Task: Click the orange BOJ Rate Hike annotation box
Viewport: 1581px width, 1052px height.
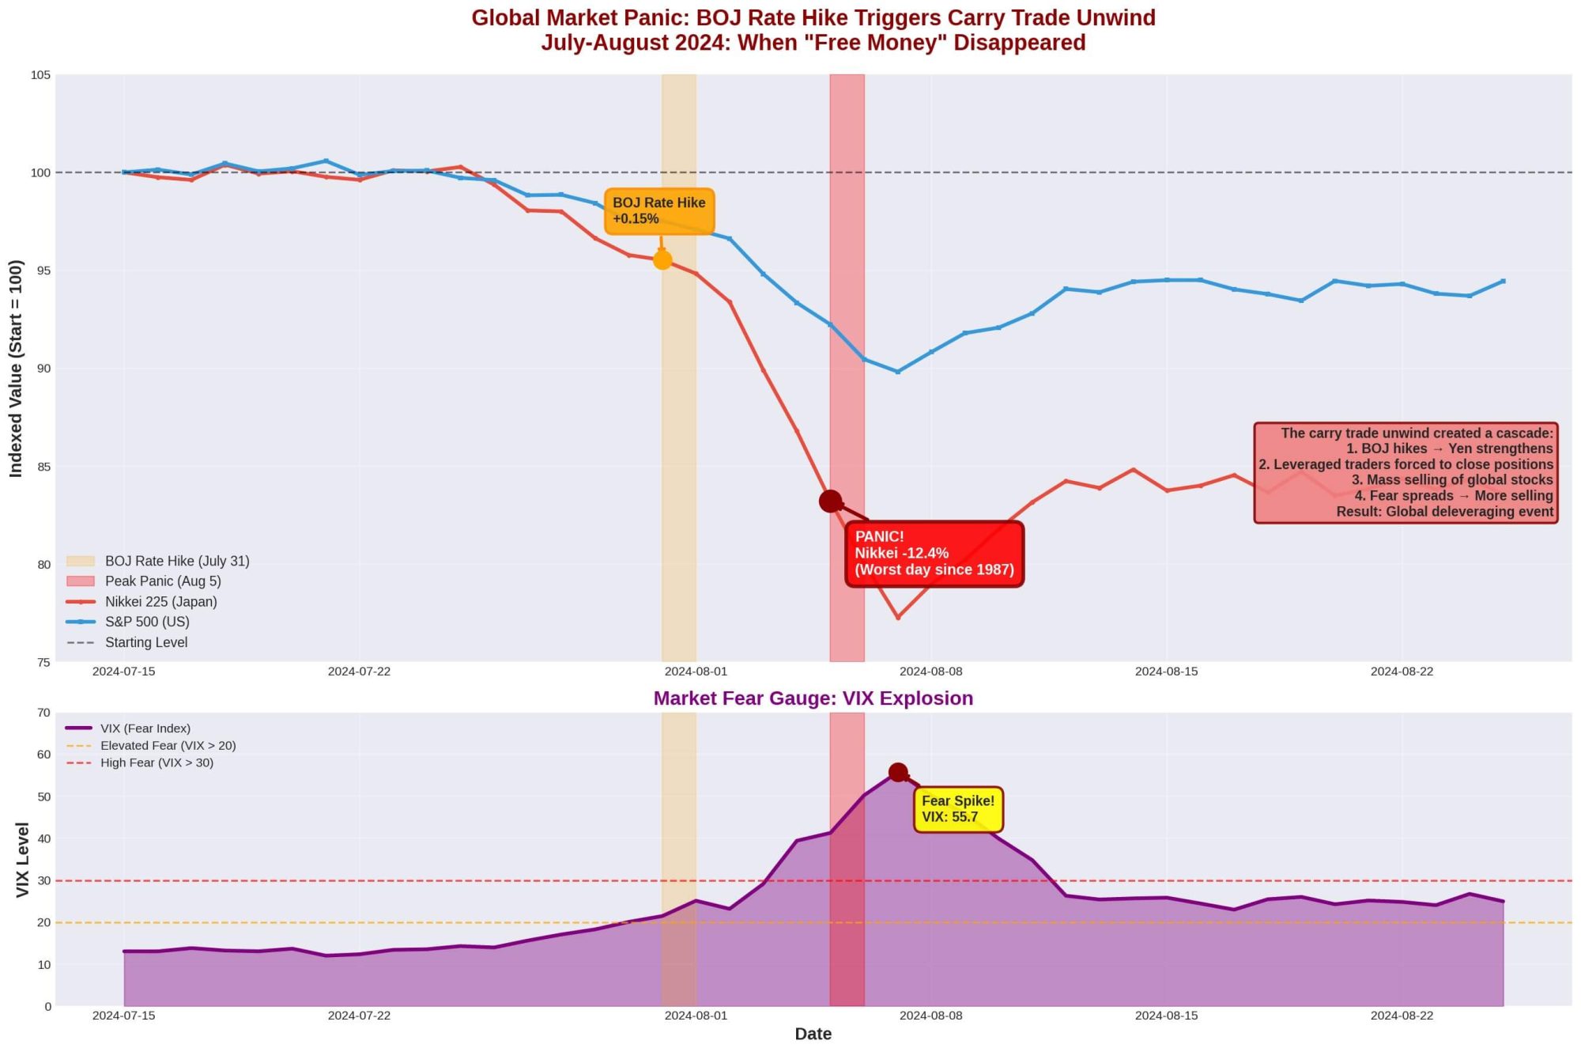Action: pyautogui.click(x=659, y=211)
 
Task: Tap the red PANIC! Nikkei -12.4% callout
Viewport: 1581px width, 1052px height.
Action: pyautogui.click(x=934, y=554)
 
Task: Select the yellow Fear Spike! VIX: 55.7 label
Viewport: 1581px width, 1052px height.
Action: pyautogui.click(x=958, y=809)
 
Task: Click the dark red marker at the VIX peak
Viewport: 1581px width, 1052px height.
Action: pyautogui.click(x=897, y=772)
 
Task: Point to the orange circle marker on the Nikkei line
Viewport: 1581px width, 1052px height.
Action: pyautogui.click(x=662, y=259)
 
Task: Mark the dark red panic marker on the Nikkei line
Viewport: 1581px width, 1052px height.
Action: pyautogui.click(x=830, y=501)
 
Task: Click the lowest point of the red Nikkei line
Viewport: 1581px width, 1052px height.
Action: pyautogui.click(x=898, y=618)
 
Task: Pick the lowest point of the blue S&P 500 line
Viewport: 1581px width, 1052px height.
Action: pyautogui.click(x=898, y=372)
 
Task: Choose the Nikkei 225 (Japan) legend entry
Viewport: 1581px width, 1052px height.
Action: pyautogui.click(x=160, y=602)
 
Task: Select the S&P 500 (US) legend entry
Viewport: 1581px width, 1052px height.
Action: pyautogui.click(x=147, y=622)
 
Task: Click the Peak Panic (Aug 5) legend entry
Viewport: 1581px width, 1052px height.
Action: pyautogui.click(x=163, y=581)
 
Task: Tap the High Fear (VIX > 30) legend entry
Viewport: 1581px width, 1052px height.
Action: pyautogui.click(x=157, y=763)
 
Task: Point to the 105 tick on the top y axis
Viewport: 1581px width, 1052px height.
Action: pyautogui.click(x=40, y=75)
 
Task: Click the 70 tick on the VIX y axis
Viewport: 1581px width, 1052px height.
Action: pyautogui.click(x=43, y=713)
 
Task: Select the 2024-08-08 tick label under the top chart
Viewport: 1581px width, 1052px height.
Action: pyautogui.click(x=931, y=672)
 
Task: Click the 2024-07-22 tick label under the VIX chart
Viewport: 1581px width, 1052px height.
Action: pyautogui.click(x=359, y=1016)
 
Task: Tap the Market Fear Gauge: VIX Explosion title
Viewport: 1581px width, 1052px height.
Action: pyautogui.click(x=813, y=698)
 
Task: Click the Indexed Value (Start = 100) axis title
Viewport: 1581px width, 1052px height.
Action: pyautogui.click(x=16, y=369)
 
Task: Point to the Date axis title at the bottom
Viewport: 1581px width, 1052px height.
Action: pyautogui.click(x=813, y=1034)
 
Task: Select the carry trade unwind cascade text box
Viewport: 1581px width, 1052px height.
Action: pyautogui.click(x=1406, y=473)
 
